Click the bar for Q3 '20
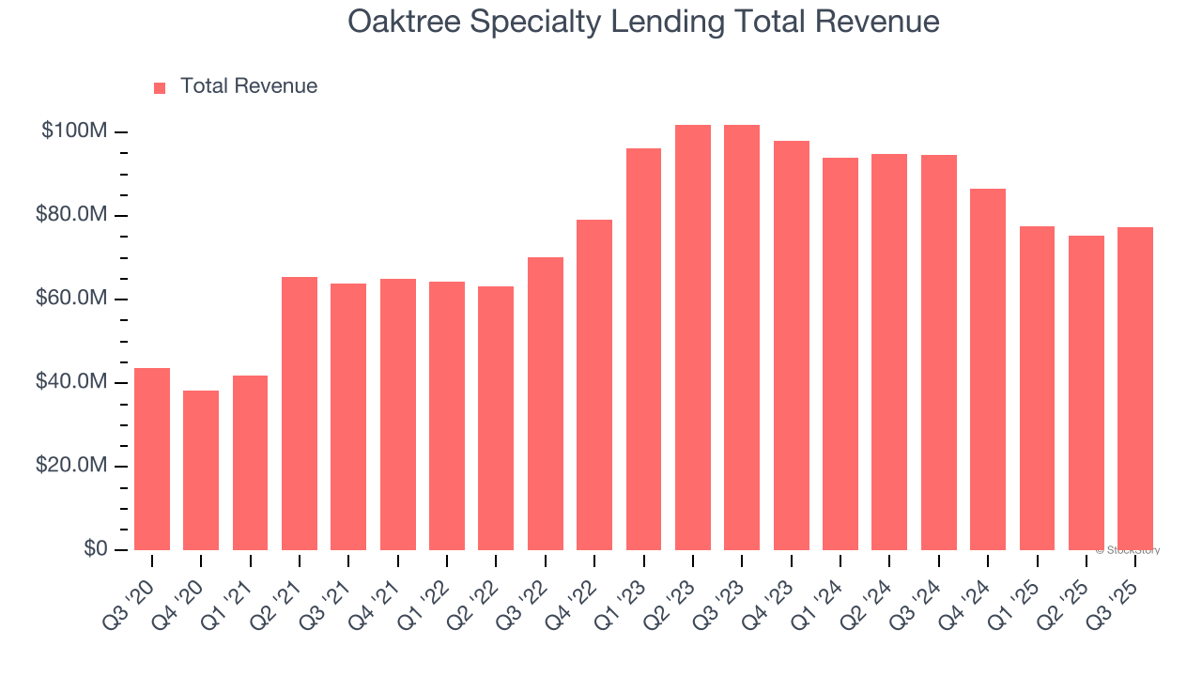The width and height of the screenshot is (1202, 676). click(x=152, y=459)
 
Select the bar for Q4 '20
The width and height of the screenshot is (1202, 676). click(x=201, y=470)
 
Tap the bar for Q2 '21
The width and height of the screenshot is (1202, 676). click(x=300, y=413)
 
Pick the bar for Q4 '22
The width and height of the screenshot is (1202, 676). click(x=594, y=385)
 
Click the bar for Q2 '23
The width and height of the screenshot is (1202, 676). click(x=693, y=337)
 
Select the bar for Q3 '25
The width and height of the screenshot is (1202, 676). click(x=1135, y=389)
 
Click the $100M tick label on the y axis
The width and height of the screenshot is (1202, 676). click(x=73, y=131)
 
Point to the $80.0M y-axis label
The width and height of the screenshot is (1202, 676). click(x=71, y=215)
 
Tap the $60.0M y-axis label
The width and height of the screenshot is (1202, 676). click(x=71, y=299)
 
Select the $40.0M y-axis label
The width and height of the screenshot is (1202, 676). click(x=71, y=382)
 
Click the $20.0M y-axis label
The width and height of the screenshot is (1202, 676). click(x=71, y=466)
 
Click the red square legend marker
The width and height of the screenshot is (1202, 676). click(x=160, y=87)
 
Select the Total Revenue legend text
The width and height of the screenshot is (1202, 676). click(x=249, y=86)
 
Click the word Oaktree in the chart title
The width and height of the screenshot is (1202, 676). click(x=405, y=22)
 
